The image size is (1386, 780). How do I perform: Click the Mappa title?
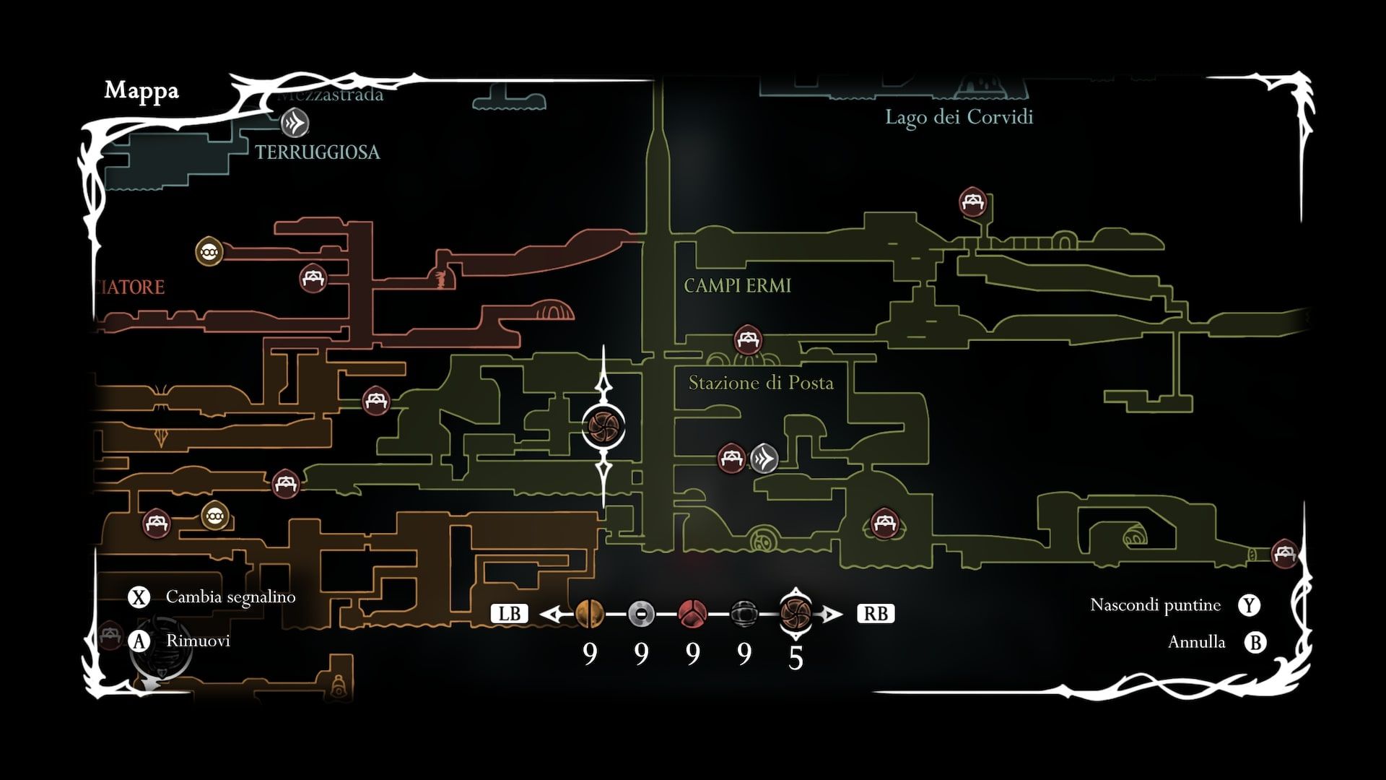141,91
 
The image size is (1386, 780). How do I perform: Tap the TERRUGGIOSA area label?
318,152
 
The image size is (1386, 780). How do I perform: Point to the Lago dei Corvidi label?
959,118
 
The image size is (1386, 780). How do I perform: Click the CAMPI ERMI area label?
737,286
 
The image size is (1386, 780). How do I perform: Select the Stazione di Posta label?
761,383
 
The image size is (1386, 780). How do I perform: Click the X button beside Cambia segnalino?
138,597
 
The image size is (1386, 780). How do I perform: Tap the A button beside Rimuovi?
138,641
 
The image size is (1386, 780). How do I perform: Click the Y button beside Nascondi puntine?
1249,605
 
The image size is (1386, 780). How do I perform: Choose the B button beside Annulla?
1255,642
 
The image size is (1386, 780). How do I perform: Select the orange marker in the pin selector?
590,614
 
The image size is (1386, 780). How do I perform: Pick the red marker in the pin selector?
692,614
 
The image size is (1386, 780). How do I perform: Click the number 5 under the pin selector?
796,658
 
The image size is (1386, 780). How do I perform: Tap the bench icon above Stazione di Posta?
747,339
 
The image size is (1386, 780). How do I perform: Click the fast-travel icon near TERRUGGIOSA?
295,123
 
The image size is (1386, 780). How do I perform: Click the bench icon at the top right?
972,202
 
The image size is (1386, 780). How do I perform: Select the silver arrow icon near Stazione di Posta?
764,458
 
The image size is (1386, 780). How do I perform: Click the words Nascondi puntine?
1155,605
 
